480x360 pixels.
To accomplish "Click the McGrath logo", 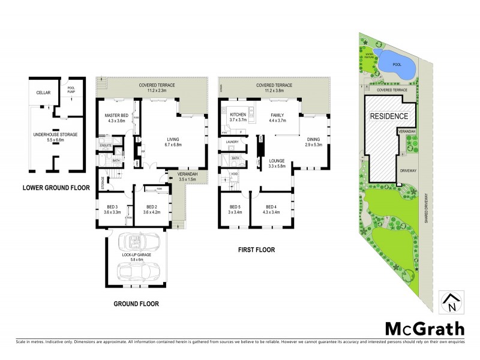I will (x=424, y=328).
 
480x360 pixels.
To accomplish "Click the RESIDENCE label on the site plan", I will (x=388, y=116).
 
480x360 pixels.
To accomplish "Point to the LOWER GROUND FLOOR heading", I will (x=56, y=187).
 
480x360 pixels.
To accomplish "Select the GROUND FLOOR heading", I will (x=136, y=304).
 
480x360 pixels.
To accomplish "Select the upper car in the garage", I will (x=140, y=242).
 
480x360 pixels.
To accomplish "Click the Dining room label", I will (x=313, y=142).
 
